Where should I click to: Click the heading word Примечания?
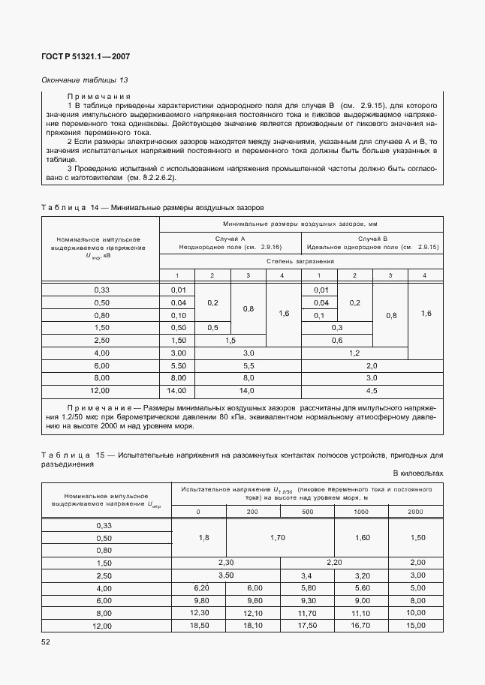coord(99,97)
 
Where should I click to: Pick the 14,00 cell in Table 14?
coord(177,391)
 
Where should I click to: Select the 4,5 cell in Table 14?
coord(372,391)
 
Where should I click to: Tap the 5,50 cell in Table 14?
coord(177,365)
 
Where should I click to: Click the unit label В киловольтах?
coord(417,473)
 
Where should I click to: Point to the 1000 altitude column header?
coord(360,512)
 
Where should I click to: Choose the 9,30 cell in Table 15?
coord(307,600)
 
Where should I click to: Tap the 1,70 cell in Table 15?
coord(253,538)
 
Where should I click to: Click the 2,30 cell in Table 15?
coord(226,563)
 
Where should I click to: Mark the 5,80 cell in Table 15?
coord(307,588)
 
